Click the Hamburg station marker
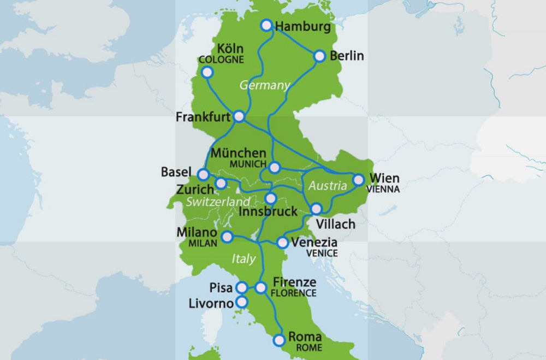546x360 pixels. click(266, 25)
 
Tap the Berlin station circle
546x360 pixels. click(320, 56)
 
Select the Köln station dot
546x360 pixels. click(207, 72)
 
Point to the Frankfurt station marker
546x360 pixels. click(239, 116)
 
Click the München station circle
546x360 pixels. click(275, 167)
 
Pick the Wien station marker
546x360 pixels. click(358, 179)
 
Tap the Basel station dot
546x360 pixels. click(203, 175)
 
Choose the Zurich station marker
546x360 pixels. click(221, 183)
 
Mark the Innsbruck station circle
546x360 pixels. click(271, 198)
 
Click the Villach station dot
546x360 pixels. click(316, 208)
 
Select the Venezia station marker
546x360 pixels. click(283, 241)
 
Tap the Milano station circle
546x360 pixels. click(227, 236)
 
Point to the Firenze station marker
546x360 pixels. click(260, 287)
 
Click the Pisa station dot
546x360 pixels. click(241, 287)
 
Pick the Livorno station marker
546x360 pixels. click(241, 302)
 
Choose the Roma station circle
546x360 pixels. click(280, 340)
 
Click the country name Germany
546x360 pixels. click(264, 85)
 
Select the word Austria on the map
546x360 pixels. click(328, 186)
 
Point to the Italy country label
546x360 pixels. click(244, 258)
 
